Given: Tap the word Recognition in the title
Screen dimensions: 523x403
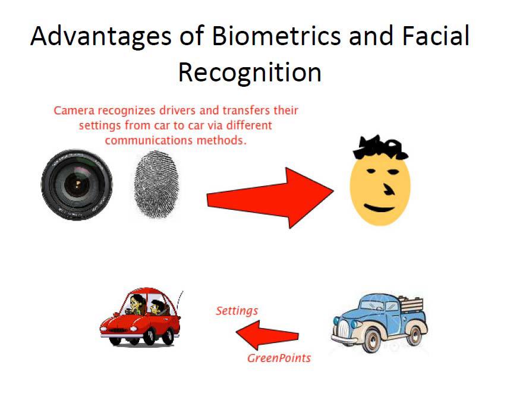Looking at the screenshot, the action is (x=250, y=73).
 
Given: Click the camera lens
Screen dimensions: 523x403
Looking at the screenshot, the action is (x=77, y=184).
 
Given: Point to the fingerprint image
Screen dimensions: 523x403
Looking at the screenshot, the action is (x=156, y=184).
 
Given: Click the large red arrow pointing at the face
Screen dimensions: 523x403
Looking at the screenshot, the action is (x=270, y=198).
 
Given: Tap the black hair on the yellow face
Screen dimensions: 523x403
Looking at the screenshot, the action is (x=380, y=147).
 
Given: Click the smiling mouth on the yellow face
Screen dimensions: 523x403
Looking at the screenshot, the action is (x=379, y=208).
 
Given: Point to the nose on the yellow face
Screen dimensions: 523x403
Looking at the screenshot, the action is (x=388, y=189).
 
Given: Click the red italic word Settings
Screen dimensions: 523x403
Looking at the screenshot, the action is (x=237, y=311).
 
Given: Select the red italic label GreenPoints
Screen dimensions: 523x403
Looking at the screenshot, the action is (x=279, y=358).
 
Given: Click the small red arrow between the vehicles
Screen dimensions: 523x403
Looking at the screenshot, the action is (x=267, y=335).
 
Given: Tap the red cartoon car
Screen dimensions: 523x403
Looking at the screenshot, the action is (x=141, y=317).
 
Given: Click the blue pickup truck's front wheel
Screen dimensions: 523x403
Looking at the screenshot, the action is (x=371, y=340).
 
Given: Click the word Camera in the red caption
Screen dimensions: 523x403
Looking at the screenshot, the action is (x=71, y=111).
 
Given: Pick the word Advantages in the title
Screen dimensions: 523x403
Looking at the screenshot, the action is (x=101, y=37).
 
